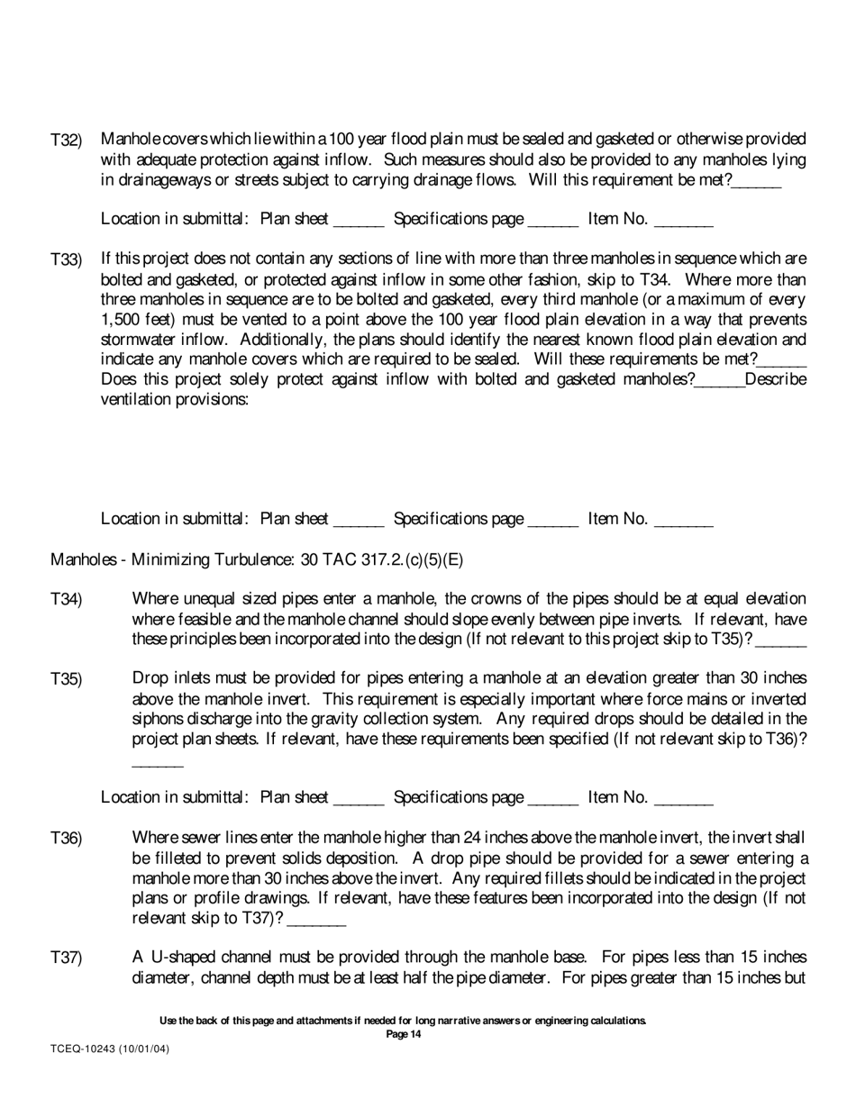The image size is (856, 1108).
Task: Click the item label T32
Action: (66, 140)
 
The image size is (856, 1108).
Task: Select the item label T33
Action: (66, 259)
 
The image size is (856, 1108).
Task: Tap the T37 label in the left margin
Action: (66, 957)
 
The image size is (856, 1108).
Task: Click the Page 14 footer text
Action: (403, 1035)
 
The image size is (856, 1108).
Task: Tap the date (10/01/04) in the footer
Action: (149, 1049)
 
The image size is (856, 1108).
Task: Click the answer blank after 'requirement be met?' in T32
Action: (757, 182)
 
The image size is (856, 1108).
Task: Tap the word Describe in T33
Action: (775, 379)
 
